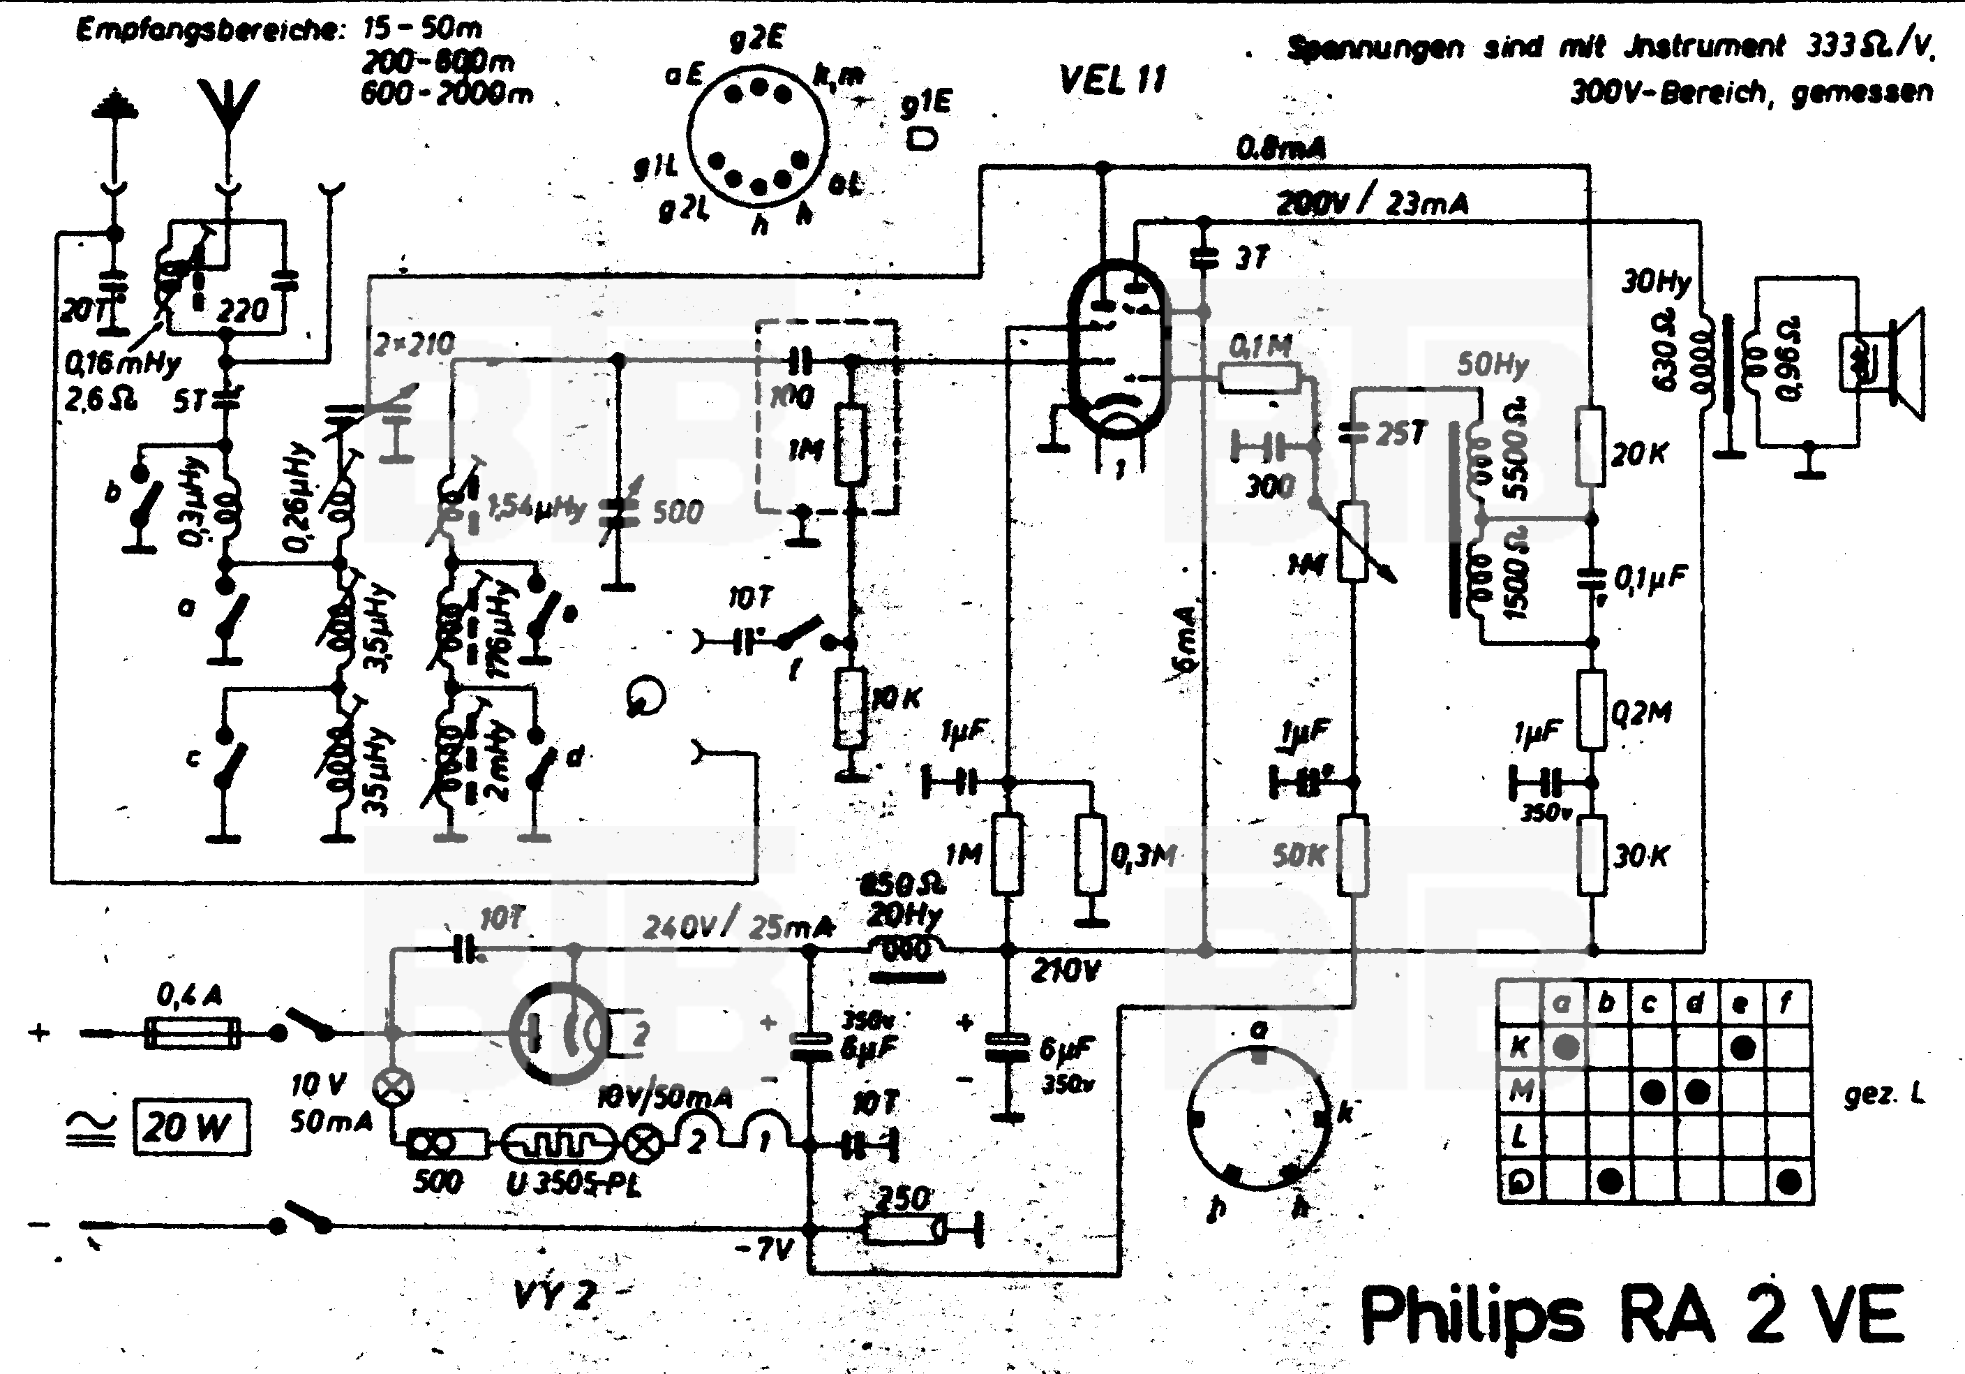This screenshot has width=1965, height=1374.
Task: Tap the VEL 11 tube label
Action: click(x=1112, y=80)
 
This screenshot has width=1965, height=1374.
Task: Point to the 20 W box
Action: click(x=192, y=1127)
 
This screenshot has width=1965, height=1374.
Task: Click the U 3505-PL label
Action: click(x=574, y=1183)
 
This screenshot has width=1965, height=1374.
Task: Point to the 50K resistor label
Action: click(x=1299, y=855)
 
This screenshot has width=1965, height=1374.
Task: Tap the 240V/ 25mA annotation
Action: click(x=738, y=926)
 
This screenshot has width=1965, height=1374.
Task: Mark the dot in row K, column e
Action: click(x=1742, y=1047)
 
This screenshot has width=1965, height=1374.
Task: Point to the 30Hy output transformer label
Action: click(x=1656, y=281)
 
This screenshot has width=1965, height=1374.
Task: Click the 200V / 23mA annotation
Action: click(x=1372, y=203)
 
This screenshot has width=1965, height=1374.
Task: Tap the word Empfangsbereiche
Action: click(x=209, y=31)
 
